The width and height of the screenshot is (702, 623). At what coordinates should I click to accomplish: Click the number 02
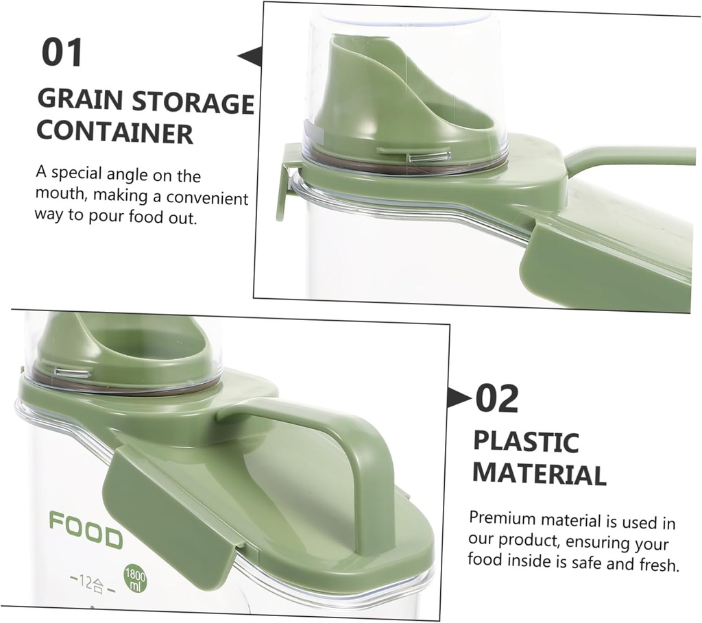coord(497,400)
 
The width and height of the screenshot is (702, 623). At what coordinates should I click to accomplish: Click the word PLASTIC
coord(526,442)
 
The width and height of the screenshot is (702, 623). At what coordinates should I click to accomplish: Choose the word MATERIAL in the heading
coord(540,474)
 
